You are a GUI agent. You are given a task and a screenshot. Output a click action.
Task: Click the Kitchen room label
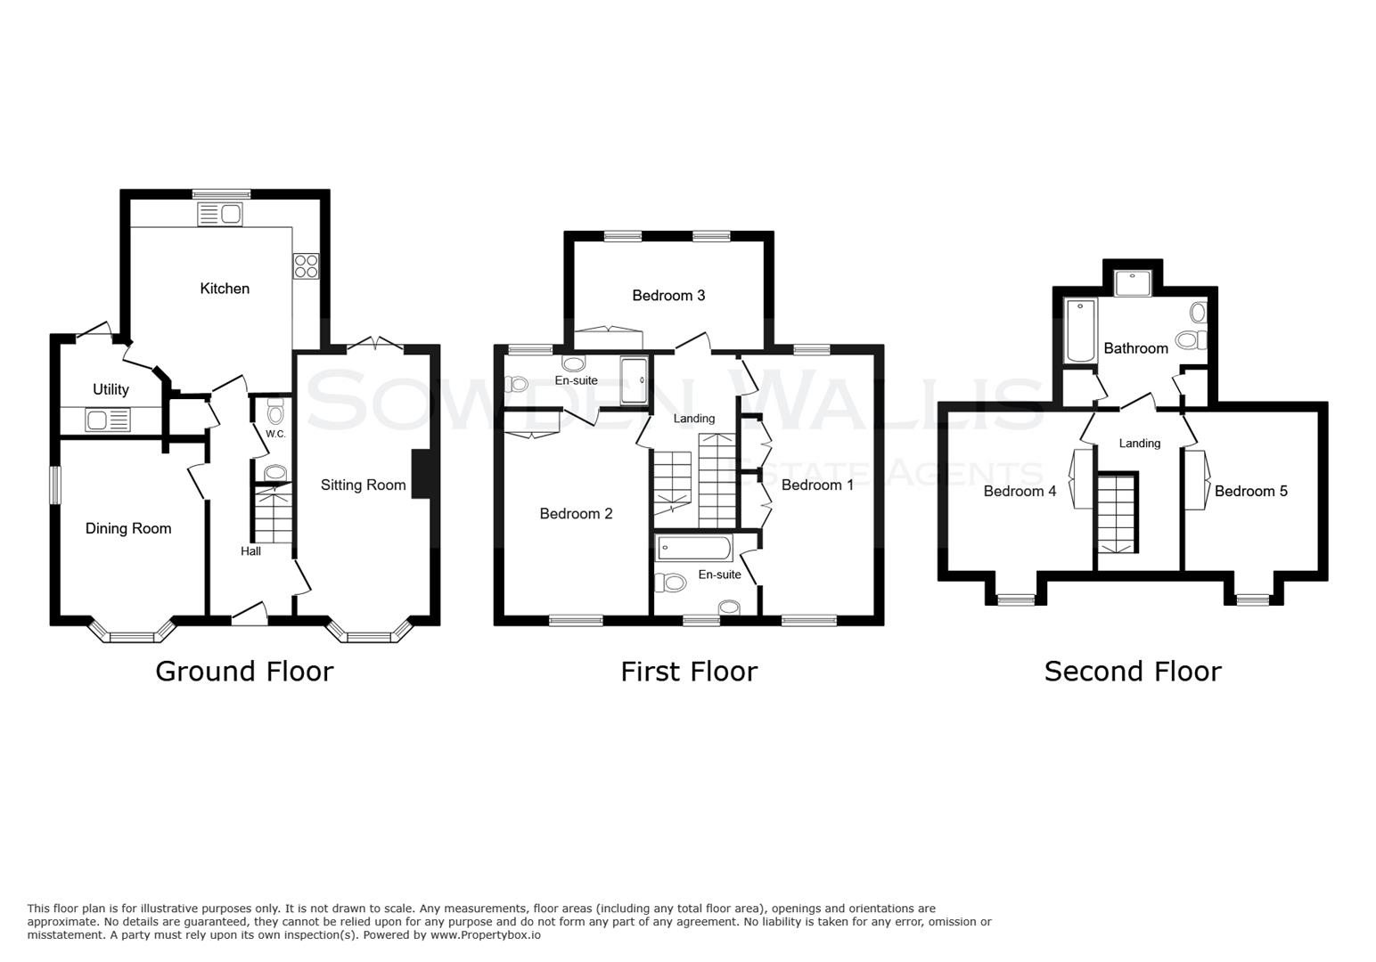225,289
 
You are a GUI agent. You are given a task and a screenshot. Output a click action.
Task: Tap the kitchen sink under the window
219,214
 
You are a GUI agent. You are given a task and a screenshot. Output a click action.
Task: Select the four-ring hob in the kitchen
306,266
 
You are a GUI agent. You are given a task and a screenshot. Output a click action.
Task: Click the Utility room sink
107,419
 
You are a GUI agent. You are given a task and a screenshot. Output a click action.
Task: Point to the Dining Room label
128,528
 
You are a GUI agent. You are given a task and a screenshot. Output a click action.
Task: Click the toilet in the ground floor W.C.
275,413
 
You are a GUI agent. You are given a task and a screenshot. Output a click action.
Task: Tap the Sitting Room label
363,485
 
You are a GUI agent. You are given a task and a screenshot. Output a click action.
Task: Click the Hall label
250,551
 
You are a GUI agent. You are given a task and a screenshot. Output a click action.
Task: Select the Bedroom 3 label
668,295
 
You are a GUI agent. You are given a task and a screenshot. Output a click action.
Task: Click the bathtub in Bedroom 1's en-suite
694,548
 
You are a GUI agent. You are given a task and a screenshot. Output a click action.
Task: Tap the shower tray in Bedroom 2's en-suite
635,380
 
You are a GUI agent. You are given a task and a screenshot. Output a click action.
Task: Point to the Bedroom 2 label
576,513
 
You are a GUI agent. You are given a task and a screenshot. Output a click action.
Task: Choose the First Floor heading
689,671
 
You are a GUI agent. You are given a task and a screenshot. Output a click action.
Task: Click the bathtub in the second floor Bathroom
1081,330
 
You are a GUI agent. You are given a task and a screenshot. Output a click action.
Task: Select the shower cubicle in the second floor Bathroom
1133,282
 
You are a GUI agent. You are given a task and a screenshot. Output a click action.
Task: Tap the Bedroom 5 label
1250,491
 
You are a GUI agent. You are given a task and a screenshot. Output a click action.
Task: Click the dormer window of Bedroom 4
1016,600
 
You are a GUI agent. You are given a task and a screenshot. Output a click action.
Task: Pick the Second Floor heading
1132,671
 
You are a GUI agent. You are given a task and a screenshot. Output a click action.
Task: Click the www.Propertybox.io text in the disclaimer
486,935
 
